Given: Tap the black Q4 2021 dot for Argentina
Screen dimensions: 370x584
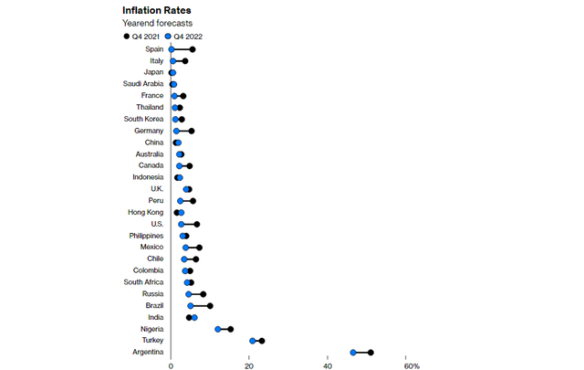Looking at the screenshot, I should point(370,352).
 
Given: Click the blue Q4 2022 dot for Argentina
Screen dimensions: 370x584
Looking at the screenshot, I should point(353,352).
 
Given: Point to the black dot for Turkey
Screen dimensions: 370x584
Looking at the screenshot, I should point(262,341).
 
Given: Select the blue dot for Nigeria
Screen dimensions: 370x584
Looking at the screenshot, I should point(218,329).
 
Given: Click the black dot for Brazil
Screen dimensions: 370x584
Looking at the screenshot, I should point(210,306).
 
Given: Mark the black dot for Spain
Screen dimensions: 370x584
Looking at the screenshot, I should point(192,49).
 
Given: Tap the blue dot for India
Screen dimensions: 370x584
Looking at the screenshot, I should point(194,317).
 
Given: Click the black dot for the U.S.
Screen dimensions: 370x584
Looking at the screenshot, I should point(196,224).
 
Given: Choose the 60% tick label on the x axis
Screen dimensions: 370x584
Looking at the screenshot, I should point(411,365).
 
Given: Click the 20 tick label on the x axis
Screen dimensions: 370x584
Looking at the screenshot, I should point(249,365).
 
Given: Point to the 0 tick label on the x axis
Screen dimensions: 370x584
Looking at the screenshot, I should point(171,365).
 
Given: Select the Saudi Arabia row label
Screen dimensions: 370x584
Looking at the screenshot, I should point(143,84).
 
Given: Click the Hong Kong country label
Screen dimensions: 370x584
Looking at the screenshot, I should point(145,212).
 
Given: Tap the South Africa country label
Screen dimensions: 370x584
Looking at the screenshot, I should point(143,282).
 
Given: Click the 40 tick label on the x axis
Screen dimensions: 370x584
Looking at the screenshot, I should point(328,365).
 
